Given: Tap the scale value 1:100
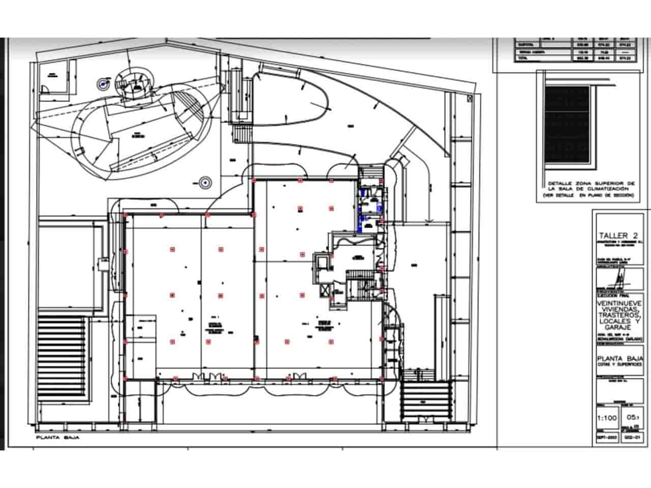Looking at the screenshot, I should pos(606,418).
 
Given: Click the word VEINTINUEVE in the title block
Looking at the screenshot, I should pos(619,302).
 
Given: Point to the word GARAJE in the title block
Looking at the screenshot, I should pos(619,327).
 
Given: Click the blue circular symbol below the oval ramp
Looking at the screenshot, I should pos(205,181).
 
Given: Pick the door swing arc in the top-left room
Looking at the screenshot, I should pos(45,89).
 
